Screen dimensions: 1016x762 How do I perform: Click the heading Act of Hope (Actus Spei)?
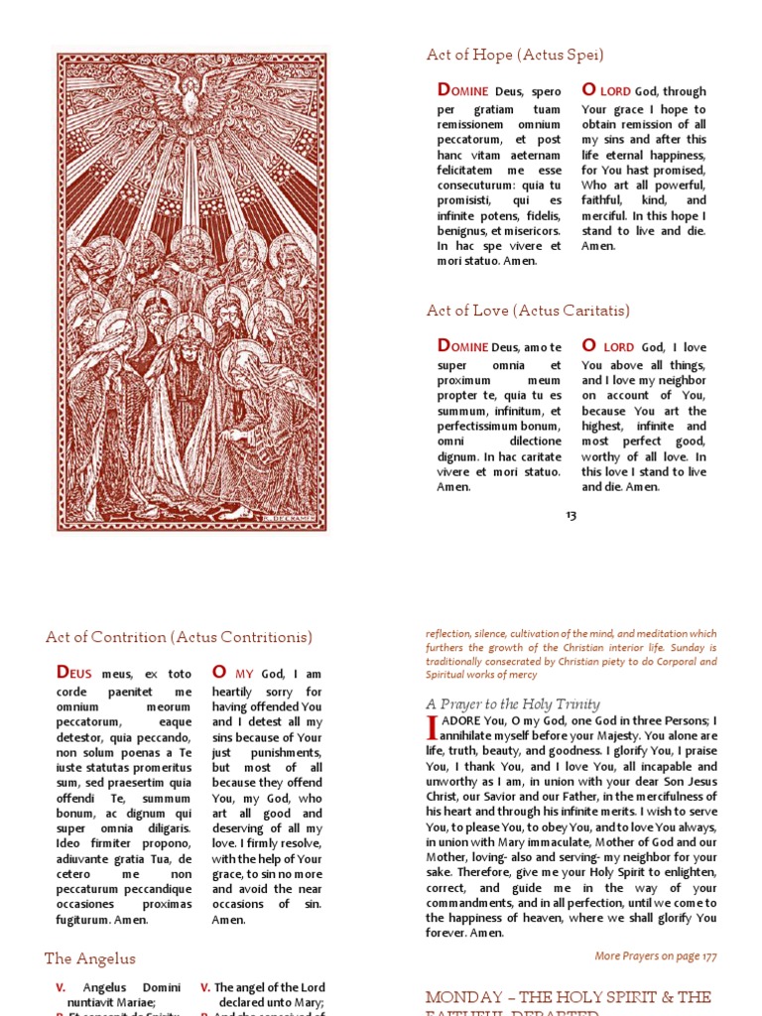(x=515, y=56)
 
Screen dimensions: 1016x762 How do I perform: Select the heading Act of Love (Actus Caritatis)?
(x=528, y=311)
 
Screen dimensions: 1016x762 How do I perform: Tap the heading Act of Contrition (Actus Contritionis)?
(x=179, y=637)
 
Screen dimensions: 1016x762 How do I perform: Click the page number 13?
(x=571, y=515)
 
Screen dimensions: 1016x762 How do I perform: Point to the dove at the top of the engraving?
(x=192, y=84)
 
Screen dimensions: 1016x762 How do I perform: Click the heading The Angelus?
(x=90, y=958)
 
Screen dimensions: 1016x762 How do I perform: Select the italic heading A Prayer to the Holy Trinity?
(x=512, y=703)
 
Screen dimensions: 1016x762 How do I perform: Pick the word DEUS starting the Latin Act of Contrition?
(x=74, y=674)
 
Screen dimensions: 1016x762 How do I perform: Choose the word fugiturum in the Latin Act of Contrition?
(x=88, y=920)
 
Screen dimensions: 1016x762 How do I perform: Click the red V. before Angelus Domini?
(x=62, y=988)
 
